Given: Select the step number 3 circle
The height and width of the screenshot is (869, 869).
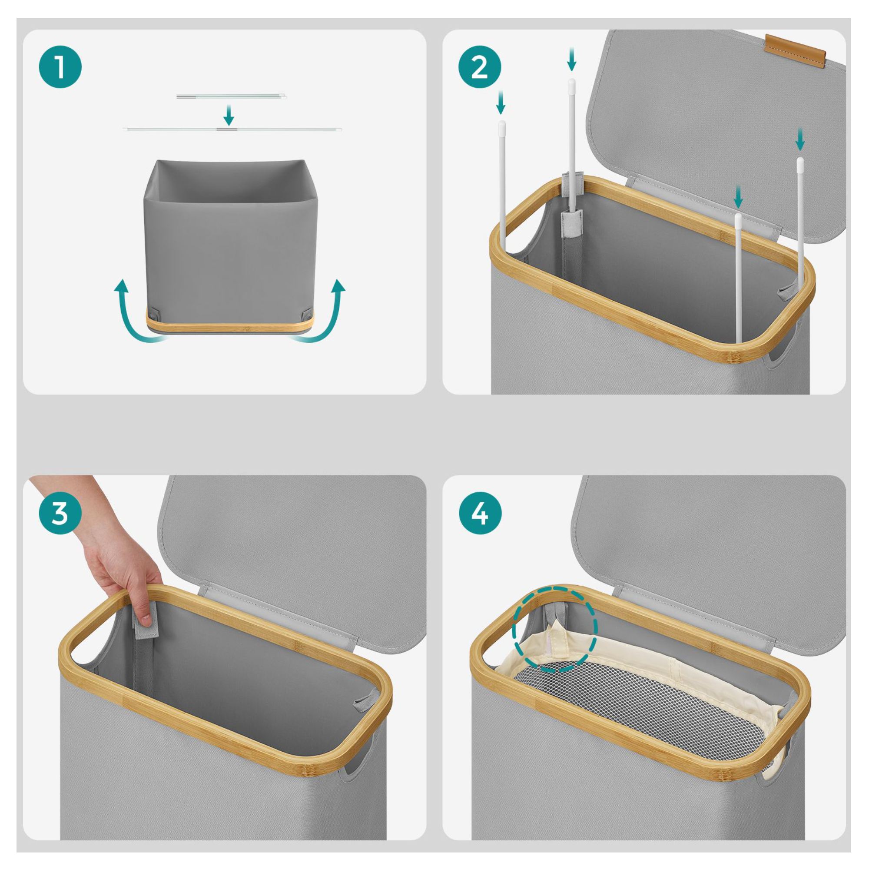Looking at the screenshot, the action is (x=60, y=514).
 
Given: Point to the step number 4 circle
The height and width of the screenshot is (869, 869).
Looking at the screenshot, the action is (x=480, y=514).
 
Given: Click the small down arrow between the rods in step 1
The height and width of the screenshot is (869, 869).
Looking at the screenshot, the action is (x=229, y=115).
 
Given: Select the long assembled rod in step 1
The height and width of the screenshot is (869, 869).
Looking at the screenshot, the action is (x=232, y=129).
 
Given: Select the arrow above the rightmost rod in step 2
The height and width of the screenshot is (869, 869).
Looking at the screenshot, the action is (x=800, y=139).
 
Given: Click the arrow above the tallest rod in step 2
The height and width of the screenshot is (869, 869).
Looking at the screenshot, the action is (x=571, y=60).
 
